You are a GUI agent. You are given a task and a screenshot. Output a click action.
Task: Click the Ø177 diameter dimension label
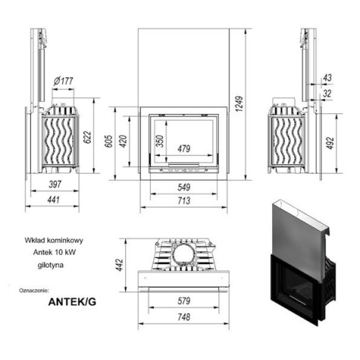pyautogui.click(x=63, y=81)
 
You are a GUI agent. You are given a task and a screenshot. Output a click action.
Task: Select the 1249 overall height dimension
pyautogui.click(x=239, y=103)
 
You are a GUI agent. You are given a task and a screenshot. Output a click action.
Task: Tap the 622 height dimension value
pyautogui.click(x=87, y=137)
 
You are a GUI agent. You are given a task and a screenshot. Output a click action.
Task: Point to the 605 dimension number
pyautogui.click(x=109, y=141)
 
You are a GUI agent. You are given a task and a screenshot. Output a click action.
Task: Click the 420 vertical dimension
pyautogui.click(x=123, y=141)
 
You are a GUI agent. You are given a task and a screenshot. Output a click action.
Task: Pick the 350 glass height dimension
pyautogui.click(x=160, y=141)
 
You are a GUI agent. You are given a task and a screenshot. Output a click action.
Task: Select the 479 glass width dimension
pyautogui.click(x=184, y=148)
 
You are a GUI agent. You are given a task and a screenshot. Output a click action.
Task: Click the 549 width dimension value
pyautogui.click(x=184, y=187)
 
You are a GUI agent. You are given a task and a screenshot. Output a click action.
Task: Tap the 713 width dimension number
pyautogui.click(x=184, y=201)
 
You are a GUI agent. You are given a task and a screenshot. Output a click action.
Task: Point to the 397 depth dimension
pyautogui.click(x=55, y=184)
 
